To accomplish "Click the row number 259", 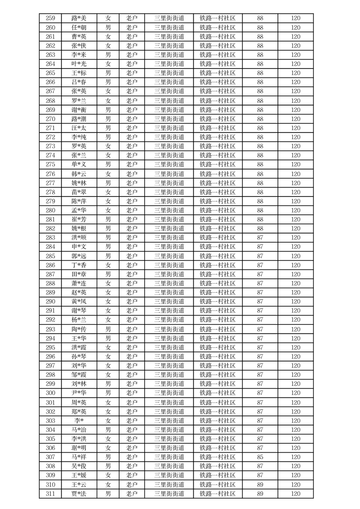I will click(50, 19).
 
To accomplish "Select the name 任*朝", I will click(79, 28).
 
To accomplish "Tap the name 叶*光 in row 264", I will click(79, 64).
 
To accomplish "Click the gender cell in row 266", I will click(108, 82).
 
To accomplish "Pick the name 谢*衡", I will click(79, 110).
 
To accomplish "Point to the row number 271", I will click(50, 128).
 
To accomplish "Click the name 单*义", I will click(79, 164).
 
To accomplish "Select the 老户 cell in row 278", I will click(132, 192).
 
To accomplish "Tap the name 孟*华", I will click(79, 210).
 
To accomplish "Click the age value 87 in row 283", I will click(260, 237).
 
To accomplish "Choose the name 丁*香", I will click(79, 265).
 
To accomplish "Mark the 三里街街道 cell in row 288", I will click(169, 283).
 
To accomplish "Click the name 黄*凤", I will click(79, 301).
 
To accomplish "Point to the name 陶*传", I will click(79, 329).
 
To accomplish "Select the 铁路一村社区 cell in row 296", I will click(217, 357).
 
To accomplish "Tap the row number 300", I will click(50, 393).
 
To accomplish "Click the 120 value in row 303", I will click(296, 421).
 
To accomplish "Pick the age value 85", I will click(260, 457).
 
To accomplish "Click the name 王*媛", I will click(79, 475).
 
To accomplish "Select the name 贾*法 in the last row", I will click(79, 494).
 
